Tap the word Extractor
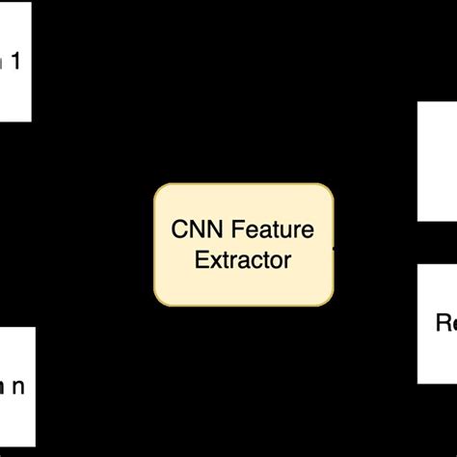tap(243, 259)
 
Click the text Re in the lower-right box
tap(445, 323)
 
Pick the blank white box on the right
tap(437, 161)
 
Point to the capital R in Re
tap(441, 323)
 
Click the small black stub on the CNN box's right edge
tap(335, 247)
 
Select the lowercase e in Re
tap(452, 324)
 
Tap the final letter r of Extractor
tap(287, 260)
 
